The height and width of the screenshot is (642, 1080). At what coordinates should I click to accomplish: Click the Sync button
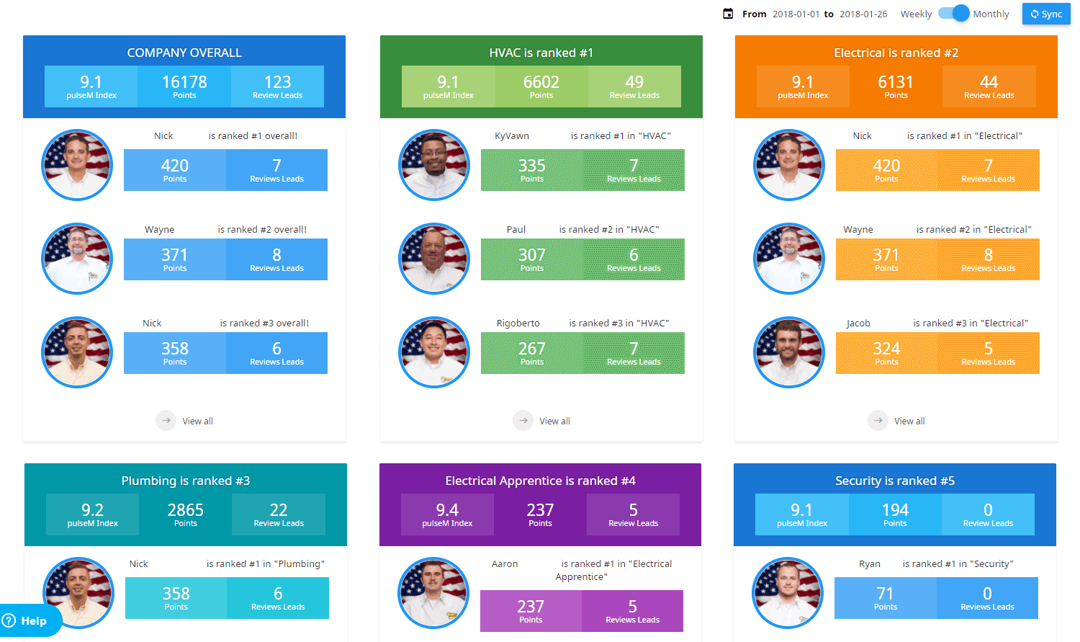click(x=1046, y=14)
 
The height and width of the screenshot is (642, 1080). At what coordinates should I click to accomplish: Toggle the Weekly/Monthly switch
click(x=953, y=14)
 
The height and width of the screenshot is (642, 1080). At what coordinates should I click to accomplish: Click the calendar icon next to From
click(x=728, y=14)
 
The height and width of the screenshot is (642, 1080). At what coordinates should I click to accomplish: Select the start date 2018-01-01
click(x=796, y=14)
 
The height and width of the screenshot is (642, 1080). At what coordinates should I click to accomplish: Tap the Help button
click(x=26, y=620)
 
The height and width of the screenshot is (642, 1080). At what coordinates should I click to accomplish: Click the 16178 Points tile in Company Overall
click(x=184, y=86)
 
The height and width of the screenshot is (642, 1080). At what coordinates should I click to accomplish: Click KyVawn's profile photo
click(x=434, y=165)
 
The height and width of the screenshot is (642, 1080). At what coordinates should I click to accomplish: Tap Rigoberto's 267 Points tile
click(x=532, y=353)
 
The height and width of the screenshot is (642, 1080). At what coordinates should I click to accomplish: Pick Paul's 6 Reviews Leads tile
click(x=634, y=259)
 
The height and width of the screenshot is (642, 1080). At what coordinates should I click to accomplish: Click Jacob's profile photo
click(x=789, y=352)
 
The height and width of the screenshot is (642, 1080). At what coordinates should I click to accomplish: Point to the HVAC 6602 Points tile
click(x=541, y=86)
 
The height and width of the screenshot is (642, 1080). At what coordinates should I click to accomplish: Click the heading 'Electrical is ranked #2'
click(x=896, y=53)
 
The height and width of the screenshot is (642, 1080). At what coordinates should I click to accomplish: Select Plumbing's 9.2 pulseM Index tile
click(x=92, y=514)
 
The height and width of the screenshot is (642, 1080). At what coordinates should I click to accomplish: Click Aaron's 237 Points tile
click(x=531, y=611)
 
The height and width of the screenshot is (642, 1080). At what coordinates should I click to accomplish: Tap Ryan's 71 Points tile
click(x=885, y=598)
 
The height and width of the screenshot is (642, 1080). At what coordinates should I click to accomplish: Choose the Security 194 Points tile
click(x=895, y=514)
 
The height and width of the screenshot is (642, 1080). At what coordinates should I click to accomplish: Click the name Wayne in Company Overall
click(x=159, y=229)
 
